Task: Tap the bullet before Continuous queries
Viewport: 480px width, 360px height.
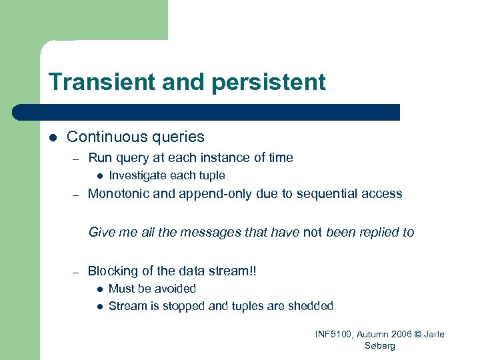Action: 53,137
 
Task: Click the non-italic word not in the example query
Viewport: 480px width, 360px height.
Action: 312,232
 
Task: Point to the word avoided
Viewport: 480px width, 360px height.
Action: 175,289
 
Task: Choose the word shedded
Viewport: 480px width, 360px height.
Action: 309,306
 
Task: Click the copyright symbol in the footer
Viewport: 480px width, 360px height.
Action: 418,334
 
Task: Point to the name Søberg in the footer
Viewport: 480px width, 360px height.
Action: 380,345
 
